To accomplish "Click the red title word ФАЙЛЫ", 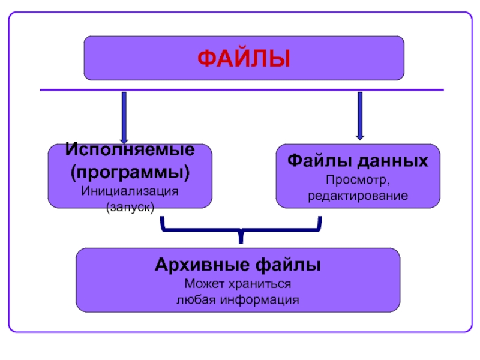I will [x=244, y=59].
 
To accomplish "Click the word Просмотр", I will [x=358, y=180].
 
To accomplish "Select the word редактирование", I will [x=358, y=196].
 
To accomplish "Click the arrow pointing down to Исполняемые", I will [x=124, y=117].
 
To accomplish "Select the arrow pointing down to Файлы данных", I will [x=360, y=115].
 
